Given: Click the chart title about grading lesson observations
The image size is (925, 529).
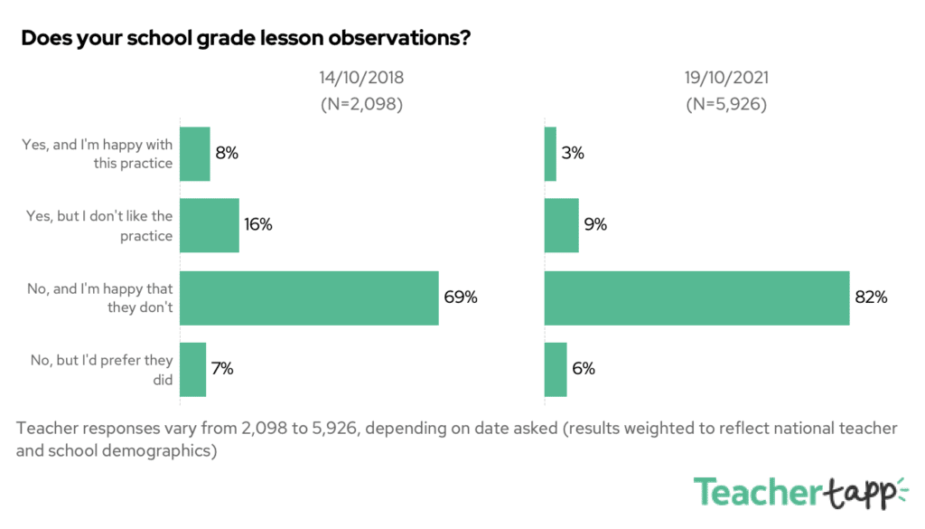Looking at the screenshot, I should [244, 39].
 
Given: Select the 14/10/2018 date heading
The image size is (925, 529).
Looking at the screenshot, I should [361, 78].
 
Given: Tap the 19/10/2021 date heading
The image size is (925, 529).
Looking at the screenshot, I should [726, 78].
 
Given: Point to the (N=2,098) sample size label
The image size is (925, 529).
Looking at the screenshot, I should [361, 103].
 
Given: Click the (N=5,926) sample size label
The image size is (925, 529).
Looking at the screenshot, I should [726, 103].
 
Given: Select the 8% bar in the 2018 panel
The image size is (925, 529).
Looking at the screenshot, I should [195, 154].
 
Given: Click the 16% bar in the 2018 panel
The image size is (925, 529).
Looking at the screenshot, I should [210, 225].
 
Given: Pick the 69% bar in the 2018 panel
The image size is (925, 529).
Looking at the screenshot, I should [309, 298].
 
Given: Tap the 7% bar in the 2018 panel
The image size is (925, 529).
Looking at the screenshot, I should [193, 369].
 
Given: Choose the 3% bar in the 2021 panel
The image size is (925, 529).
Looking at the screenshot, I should [550, 154].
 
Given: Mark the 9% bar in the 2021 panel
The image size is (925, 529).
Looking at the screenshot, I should [561, 225].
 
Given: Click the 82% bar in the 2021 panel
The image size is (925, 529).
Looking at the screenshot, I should [696, 298].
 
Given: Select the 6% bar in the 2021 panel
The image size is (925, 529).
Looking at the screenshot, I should [556, 369].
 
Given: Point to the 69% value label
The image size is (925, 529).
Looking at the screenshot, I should [460, 298].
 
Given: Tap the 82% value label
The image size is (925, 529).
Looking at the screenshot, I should [871, 298].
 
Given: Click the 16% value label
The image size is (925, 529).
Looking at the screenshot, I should [257, 225].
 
